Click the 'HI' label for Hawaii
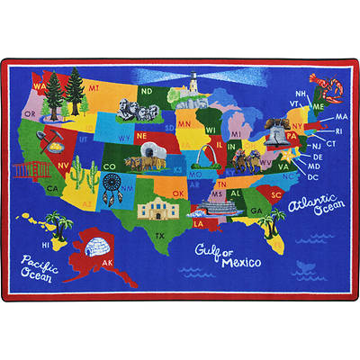tap(45, 244)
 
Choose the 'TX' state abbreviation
tap(160, 235)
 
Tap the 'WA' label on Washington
tap(39, 86)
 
